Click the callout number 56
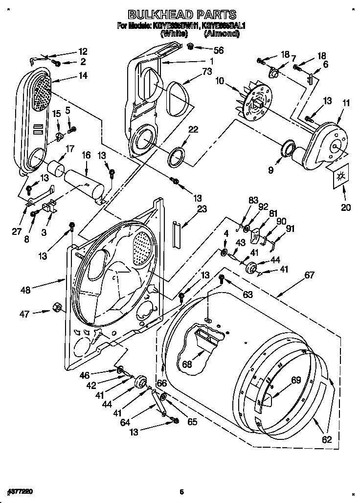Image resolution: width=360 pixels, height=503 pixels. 218,49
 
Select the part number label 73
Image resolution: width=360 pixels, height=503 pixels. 208,72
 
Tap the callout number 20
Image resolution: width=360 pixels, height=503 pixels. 345,207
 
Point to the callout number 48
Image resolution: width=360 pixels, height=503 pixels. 25,290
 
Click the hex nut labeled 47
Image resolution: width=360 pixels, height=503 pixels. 56,307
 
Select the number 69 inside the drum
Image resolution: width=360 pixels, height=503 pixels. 296,380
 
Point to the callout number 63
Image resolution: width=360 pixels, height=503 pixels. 247,294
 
